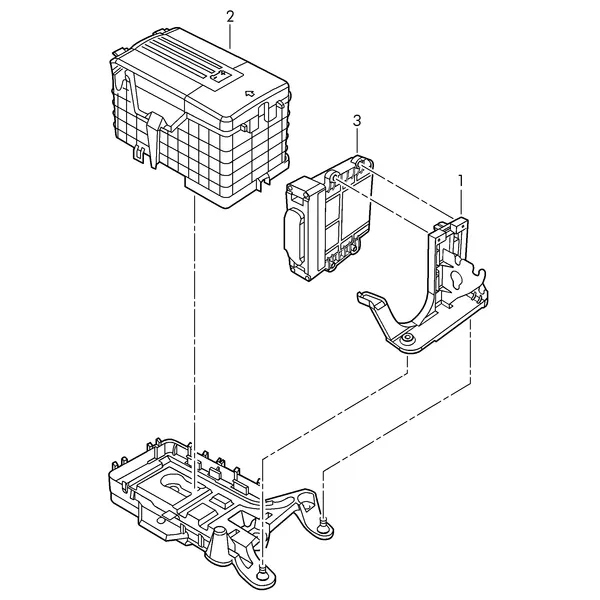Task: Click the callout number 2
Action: [x=230, y=17]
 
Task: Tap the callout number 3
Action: [x=357, y=121]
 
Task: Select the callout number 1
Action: [x=461, y=180]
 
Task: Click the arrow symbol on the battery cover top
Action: [x=250, y=93]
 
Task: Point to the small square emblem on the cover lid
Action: [x=219, y=76]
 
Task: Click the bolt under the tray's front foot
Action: [x=262, y=573]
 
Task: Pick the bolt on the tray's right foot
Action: [x=324, y=522]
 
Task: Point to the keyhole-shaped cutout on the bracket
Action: [x=456, y=280]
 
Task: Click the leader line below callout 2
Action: [x=230, y=36]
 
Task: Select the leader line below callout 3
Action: [x=357, y=140]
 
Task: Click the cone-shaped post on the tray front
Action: [x=220, y=541]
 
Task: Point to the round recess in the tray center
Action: [x=177, y=485]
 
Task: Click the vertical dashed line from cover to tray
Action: [x=195, y=341]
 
